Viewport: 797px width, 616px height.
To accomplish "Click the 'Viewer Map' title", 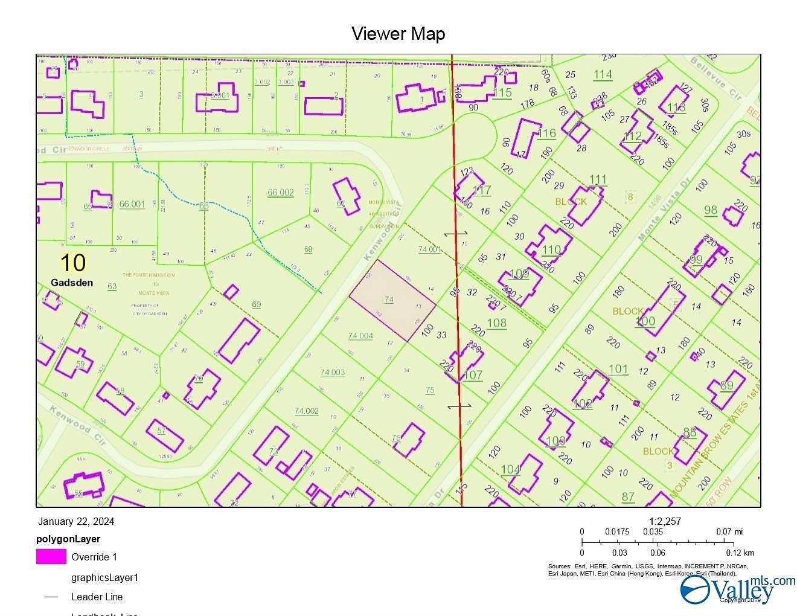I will tap(398, 33).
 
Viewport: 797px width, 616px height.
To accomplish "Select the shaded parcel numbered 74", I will tap(392, 300).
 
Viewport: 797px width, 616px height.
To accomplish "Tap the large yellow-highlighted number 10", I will tap(72, 263).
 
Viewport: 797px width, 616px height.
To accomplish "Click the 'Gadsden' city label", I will tap(72, 282).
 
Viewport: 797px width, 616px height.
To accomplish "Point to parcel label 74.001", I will tap(430, 249).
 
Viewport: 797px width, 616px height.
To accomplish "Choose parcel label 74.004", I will tap(360, 336).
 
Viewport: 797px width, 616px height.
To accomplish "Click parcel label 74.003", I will tap(332, 372).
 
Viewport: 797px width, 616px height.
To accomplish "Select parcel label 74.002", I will tap(306, 411).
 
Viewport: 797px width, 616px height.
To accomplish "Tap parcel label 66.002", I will tap(280, 193).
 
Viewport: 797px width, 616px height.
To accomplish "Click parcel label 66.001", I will tap(132, 204).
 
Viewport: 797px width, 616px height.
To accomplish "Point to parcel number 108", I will tap(496, 323).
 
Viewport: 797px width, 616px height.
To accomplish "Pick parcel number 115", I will tap(502, 92).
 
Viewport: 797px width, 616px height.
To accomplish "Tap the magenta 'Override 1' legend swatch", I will tap(51, 557).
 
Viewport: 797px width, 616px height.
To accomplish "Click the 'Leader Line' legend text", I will tap(97, 597).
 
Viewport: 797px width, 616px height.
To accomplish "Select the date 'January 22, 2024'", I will tap(76, 522).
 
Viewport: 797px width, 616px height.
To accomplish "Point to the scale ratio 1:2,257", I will tap(665, 521).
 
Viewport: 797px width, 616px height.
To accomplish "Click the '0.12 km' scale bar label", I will tap(740, 553).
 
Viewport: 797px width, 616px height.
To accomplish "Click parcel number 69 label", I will tap(257, 304).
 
